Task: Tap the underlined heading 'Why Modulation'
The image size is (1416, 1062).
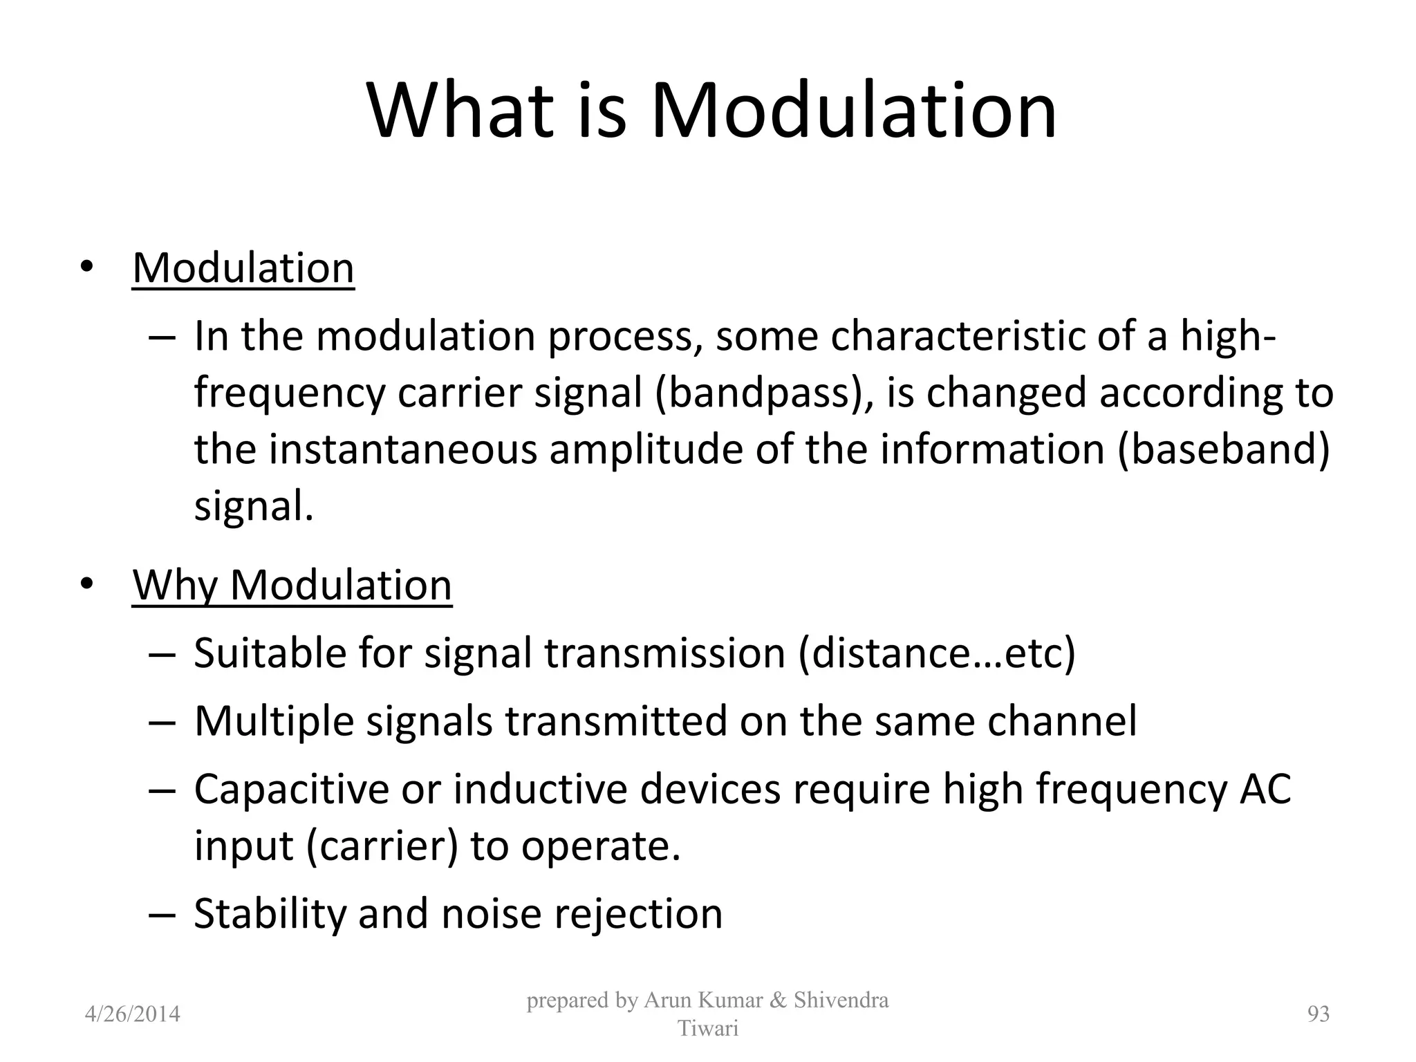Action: click(292, 585)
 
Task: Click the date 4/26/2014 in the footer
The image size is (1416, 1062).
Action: click(132, 1014)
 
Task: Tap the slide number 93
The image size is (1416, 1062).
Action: click(1318, 1014)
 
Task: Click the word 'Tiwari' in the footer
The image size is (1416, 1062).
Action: click(707, 1029)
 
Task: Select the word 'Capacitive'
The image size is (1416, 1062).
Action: click(291, 789)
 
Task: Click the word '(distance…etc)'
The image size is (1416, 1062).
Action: click(936, 653)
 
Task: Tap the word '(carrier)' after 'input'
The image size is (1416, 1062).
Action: click(381, 846)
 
